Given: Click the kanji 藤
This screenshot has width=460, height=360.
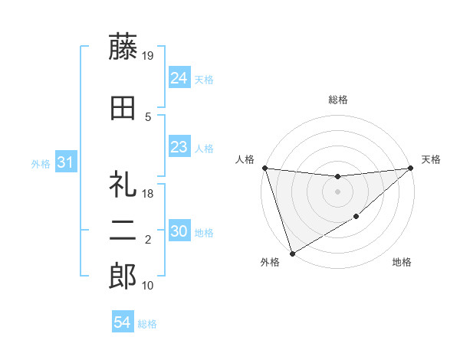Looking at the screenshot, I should point(123,47).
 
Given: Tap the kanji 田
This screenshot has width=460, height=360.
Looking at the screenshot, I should point(123,108).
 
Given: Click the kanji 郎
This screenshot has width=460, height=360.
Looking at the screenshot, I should point(123,277).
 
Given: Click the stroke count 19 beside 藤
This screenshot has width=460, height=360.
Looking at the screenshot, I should point(149,55).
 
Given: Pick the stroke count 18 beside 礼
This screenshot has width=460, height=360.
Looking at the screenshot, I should point(149,195).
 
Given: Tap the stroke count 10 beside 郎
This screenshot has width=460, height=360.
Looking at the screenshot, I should point(149,286).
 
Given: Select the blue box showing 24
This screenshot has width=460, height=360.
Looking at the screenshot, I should point(179,78).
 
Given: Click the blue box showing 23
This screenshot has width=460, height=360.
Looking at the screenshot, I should point(179,148).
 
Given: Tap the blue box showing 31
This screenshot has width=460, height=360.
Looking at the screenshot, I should point(66,162).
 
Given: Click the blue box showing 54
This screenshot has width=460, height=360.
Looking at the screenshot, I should point(122,323).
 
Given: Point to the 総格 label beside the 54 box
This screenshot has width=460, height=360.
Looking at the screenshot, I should point(147,324).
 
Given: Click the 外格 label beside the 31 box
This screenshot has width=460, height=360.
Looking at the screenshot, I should point(41,163).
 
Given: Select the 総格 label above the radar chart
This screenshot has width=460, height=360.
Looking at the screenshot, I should point(337,100).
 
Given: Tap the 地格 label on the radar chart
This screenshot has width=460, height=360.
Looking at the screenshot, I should point(402,263).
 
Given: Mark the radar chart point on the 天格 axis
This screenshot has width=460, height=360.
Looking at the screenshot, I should point(411,169).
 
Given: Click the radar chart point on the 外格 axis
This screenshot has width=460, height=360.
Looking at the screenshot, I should point(292,253).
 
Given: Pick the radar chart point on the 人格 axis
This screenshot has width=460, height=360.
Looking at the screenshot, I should point(264,168).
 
